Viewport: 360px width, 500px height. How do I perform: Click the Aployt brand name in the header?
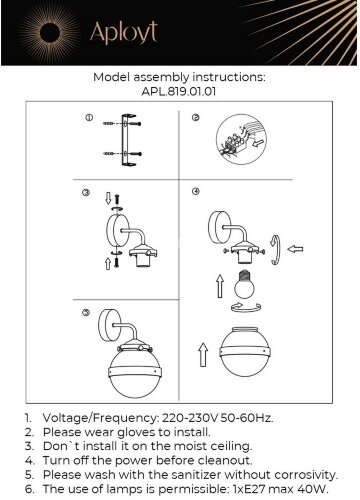124,33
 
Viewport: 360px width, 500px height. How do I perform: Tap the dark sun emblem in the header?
49,33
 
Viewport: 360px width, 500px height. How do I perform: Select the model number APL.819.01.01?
179,91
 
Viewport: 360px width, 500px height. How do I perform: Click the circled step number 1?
89,118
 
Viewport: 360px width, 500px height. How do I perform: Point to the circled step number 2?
196,117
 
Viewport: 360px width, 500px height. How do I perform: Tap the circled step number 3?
86,192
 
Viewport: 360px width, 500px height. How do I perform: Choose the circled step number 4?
196,191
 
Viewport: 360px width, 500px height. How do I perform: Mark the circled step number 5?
86,312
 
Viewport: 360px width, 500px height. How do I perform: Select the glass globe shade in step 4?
244,352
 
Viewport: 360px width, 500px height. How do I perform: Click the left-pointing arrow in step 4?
295,249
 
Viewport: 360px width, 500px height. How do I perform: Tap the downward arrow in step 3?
108,198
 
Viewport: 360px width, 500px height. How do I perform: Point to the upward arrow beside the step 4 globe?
203,355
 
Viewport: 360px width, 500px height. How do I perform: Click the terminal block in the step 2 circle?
233,144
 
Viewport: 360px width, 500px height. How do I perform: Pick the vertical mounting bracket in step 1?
127,140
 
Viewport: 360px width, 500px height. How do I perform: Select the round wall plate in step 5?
109,326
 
